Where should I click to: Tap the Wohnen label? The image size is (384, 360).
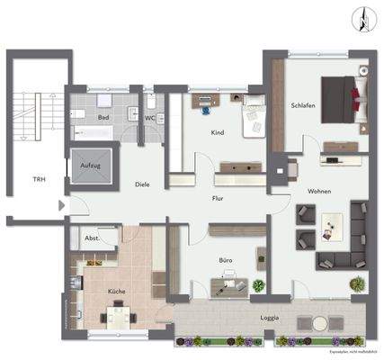coord(319,191)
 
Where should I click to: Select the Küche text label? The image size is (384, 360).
coord(116,292)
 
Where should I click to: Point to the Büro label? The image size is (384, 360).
coord(227,260)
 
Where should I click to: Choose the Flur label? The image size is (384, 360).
coord(218,197)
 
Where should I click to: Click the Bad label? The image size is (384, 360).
coord(103,117)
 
